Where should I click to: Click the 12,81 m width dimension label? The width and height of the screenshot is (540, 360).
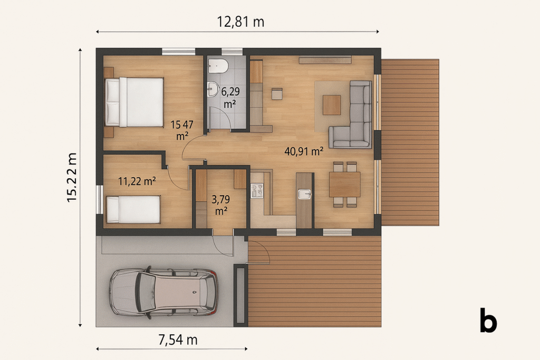click(240, 22)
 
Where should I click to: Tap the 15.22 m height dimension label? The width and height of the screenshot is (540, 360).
click(72, 177)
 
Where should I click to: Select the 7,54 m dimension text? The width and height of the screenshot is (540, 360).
click(178, 339)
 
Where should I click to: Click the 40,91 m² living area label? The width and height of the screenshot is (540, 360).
click(304, 151)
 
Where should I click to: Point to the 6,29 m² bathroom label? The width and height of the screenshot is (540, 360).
click(230, 98)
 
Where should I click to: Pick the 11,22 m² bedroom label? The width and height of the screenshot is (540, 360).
click(137, 181)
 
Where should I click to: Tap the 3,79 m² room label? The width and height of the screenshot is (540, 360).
click(221, 205)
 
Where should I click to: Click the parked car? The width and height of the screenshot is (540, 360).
click(163, 292)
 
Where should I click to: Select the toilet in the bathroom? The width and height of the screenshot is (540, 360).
click(218, 66)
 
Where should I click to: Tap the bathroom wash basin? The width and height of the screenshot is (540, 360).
click(213, 89)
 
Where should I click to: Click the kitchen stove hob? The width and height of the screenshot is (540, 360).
click(257, 191)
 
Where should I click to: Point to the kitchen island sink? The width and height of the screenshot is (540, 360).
click(304, 194)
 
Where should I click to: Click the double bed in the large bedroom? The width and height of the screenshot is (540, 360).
click(134, 102)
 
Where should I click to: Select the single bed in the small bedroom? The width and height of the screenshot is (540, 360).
click(133, 210)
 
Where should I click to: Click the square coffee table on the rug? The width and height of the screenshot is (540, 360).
click(332, 105)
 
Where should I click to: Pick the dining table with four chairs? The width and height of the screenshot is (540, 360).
click(345, 184)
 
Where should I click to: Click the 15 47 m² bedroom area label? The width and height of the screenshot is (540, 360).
click(182, 130)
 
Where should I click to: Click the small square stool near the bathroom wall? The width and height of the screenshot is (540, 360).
click(277, 94)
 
